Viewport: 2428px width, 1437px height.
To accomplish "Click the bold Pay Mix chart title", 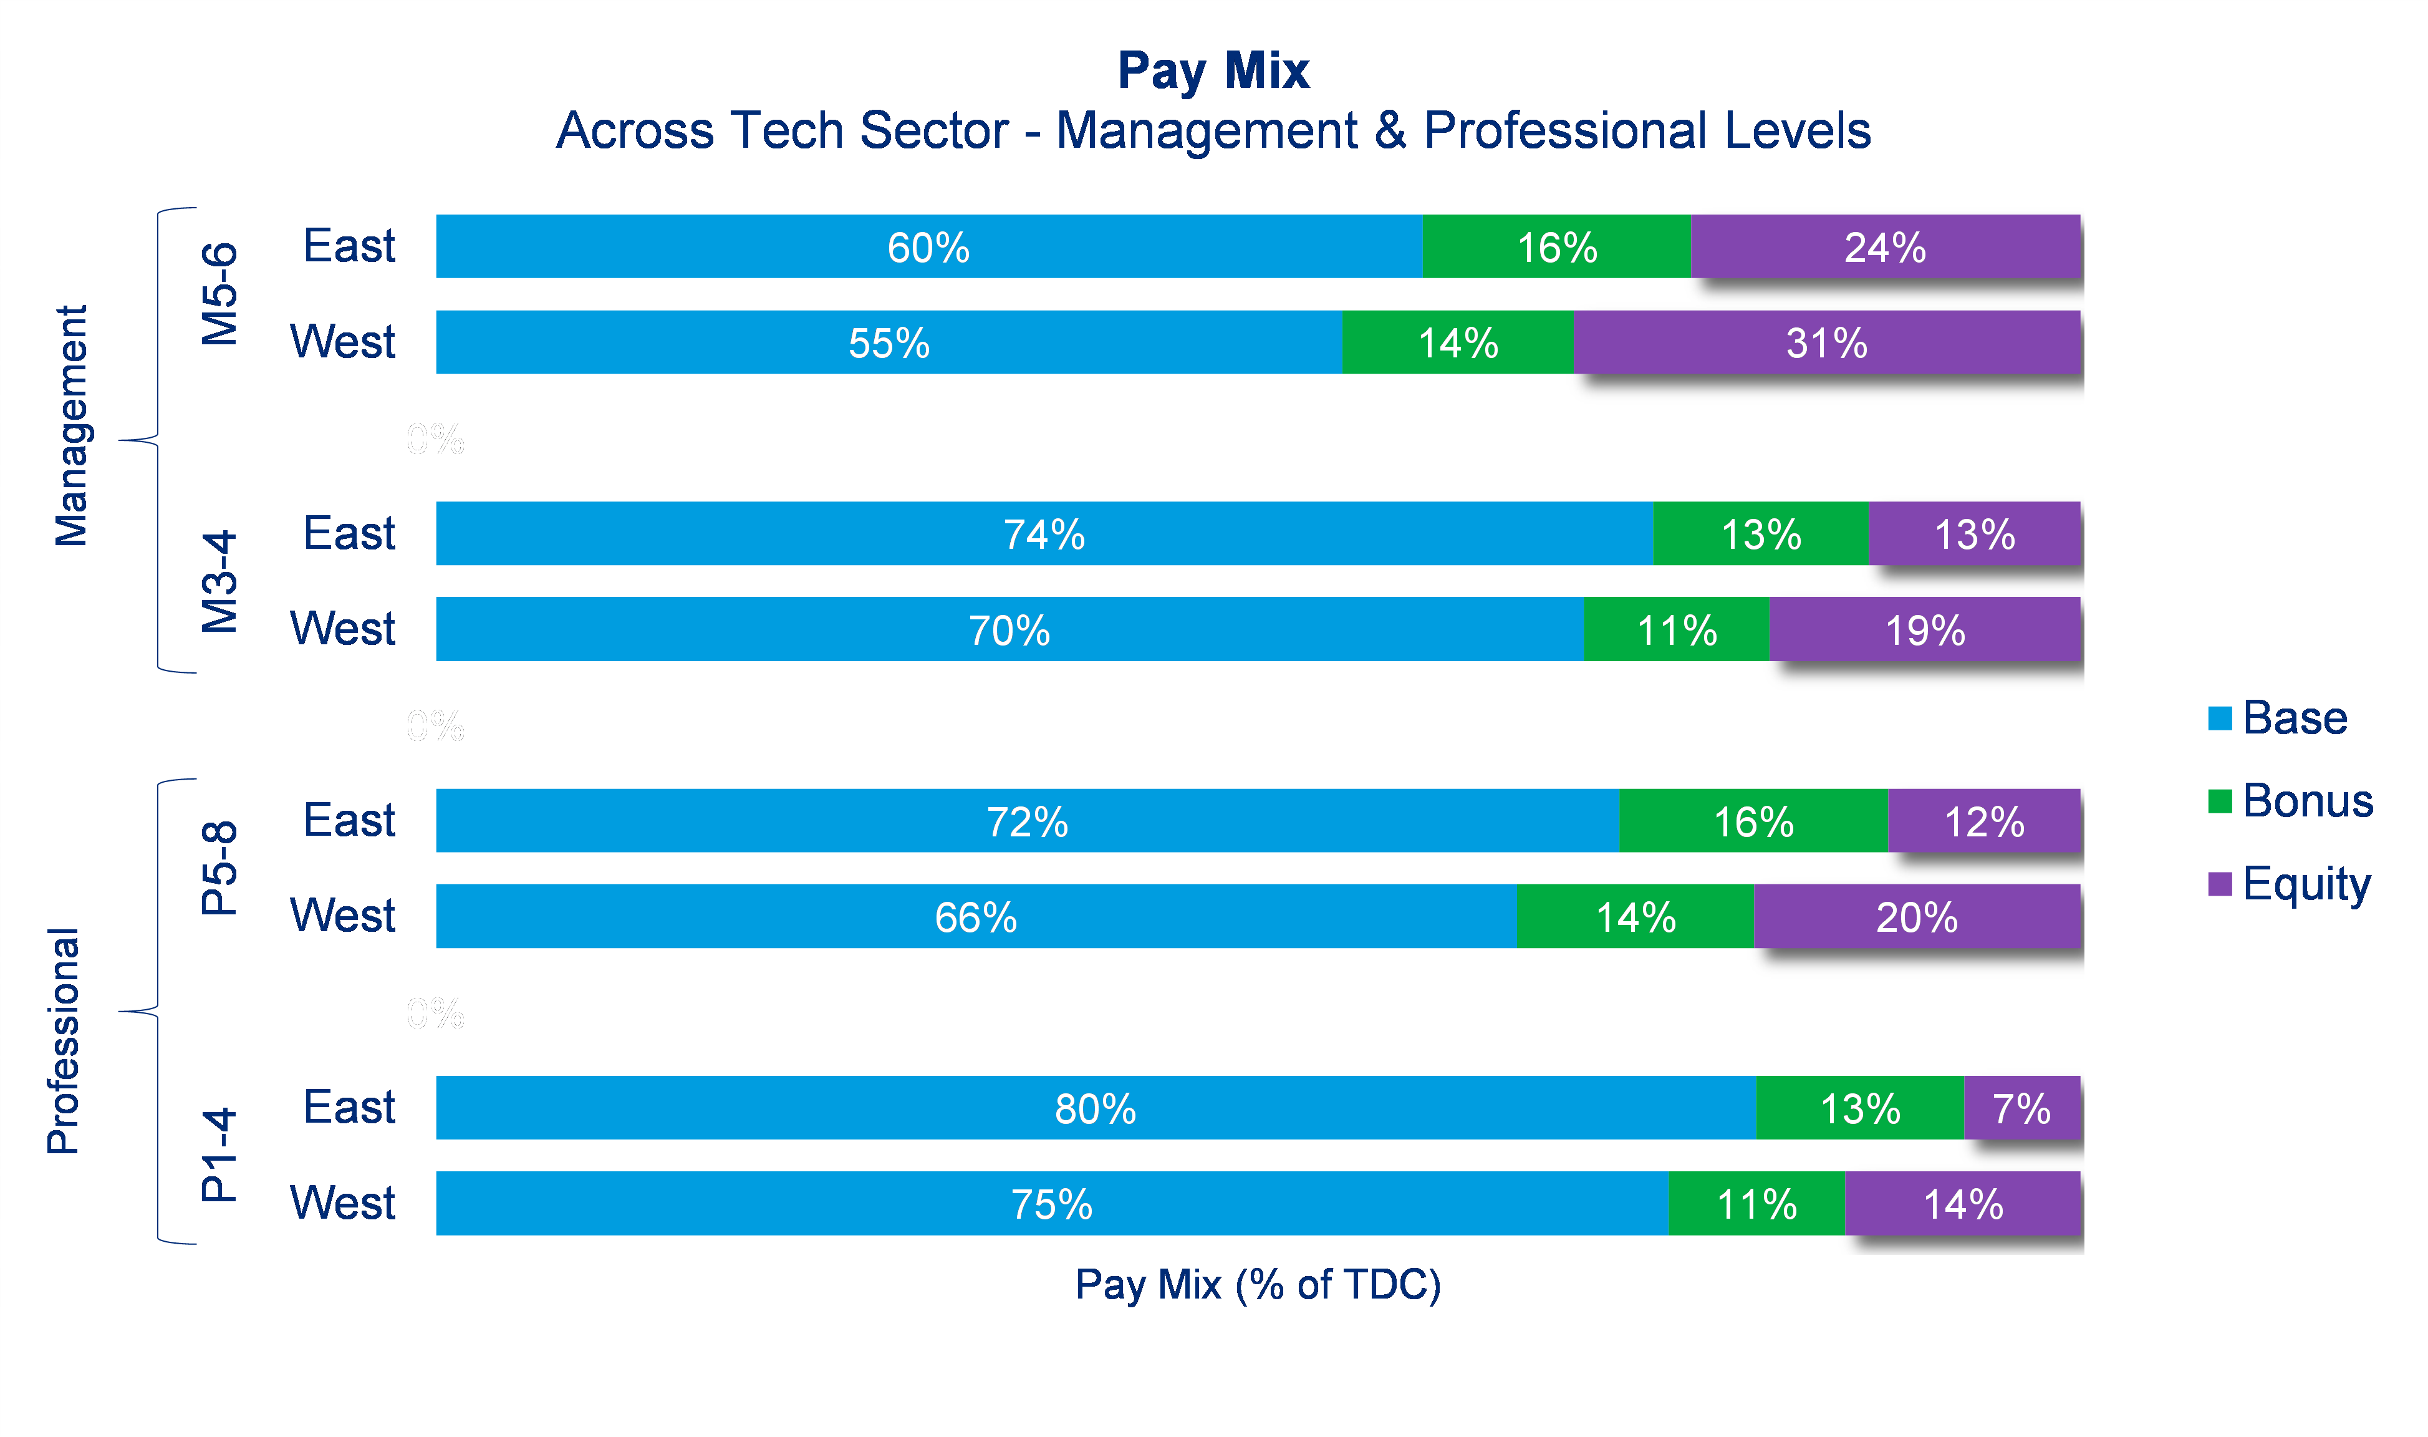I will point(1213,70).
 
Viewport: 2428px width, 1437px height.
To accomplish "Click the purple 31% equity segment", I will point(1827,343).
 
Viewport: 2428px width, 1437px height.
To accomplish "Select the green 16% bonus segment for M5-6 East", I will point(1557,247).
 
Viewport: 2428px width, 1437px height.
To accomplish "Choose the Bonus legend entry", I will point(2307,801).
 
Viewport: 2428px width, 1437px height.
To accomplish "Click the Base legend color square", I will point(2220,718).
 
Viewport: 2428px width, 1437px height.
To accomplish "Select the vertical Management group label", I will point(70,426).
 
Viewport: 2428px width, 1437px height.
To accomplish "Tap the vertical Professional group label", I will point(64,1041).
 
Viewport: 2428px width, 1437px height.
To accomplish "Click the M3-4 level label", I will point(219,581).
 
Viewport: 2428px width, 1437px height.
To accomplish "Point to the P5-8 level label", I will point(219,868).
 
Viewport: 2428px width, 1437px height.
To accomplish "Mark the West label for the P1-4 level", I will point(343,1202).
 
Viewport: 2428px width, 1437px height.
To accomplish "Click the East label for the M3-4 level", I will point(349,533).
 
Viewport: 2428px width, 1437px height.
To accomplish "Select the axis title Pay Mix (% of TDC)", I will point(1258,1284).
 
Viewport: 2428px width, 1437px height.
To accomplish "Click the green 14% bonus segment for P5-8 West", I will point(1635,916).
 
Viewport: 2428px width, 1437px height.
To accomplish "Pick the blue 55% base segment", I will point(889,343).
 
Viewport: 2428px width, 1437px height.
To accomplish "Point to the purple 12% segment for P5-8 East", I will point(1983,821).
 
